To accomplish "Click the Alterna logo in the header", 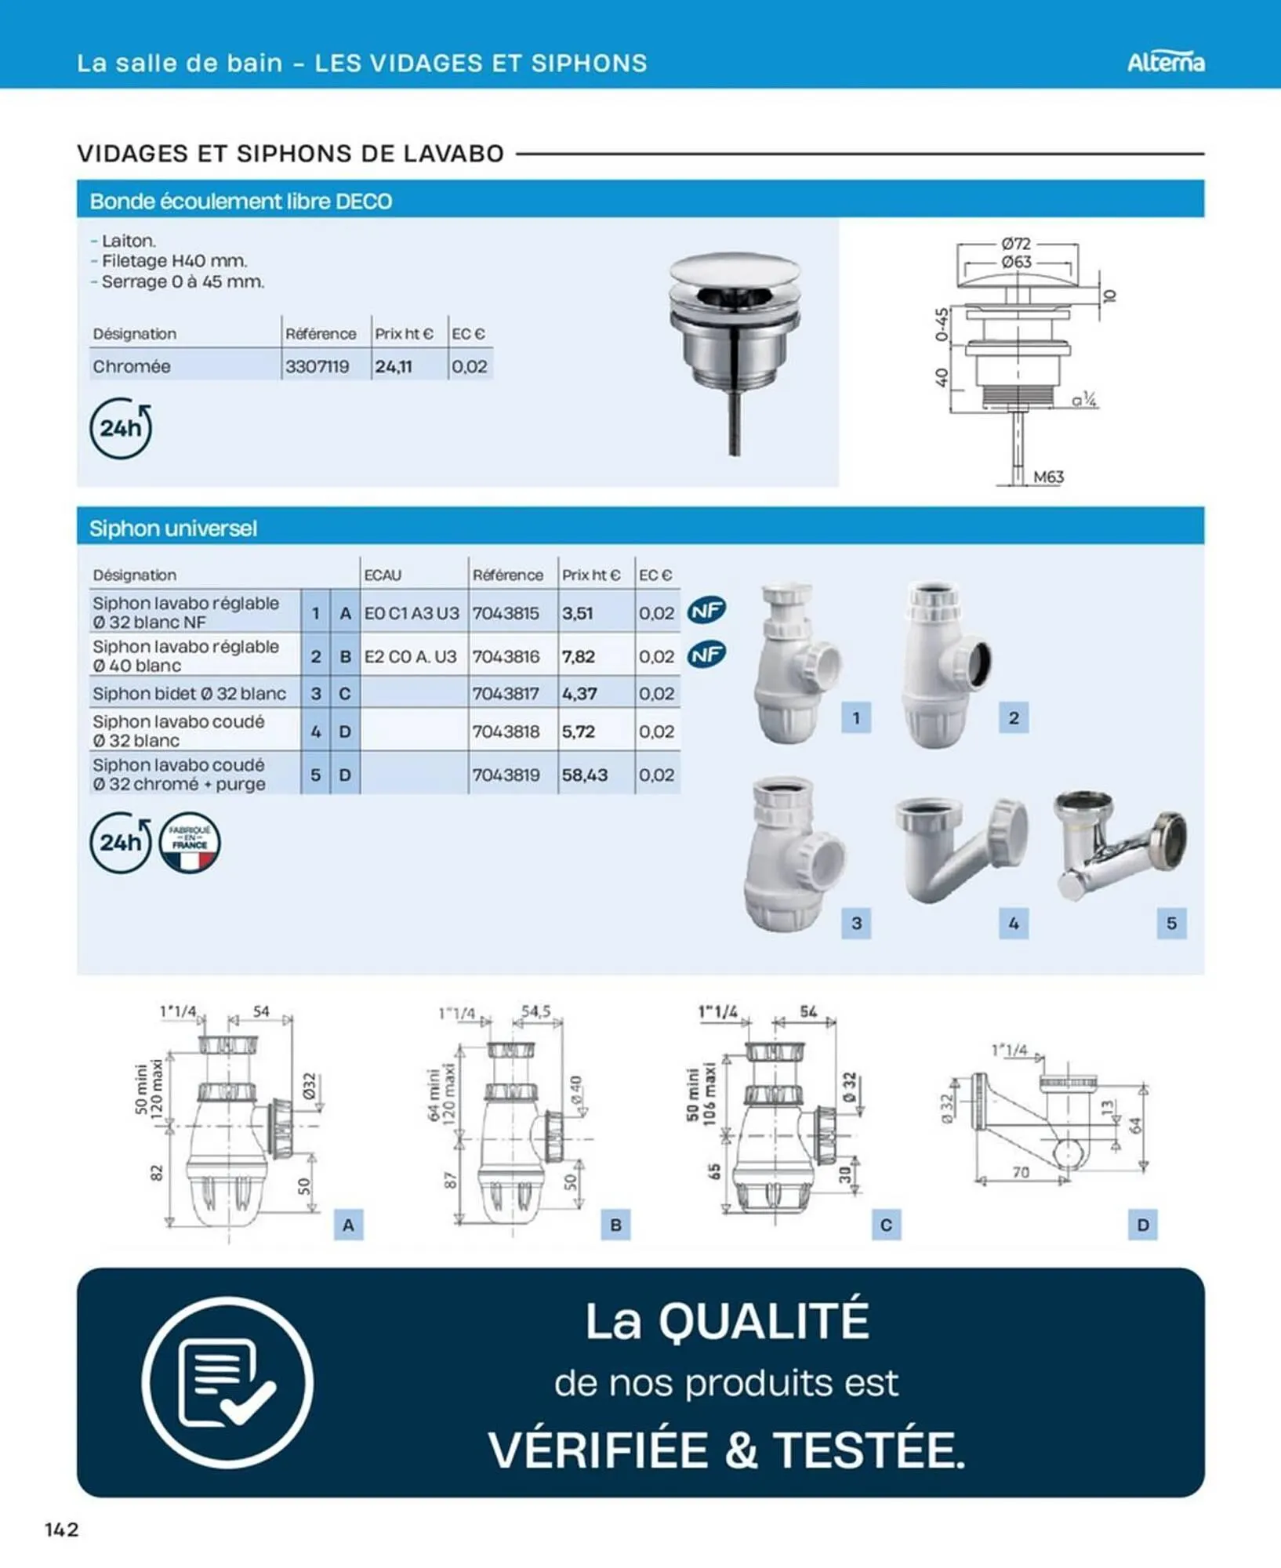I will [x=1165, y=62].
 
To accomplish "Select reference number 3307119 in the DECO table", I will [x=317, y=366].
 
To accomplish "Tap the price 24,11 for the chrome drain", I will [x=393, y=366].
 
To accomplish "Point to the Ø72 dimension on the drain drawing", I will [x=1016, y=244].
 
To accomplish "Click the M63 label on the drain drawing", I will [x=1048, y=477].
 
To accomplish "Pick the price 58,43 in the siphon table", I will [x=584, y=775].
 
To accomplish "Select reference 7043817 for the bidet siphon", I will [x=506, y=694].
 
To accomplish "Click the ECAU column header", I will [x=383, y=575].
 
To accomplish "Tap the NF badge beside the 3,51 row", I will [x=706, y=610].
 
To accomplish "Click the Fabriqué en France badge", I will [x=190, y=843].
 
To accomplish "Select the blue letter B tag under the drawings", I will [x=615, y=1225].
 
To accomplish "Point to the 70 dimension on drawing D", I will [x=1020, y=1172].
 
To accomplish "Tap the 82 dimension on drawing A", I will [x=156, y=1173].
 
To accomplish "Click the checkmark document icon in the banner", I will [x=227, y=1382].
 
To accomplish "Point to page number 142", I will [x=62, y=1530].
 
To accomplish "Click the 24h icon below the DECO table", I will [x=120, y=428].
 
